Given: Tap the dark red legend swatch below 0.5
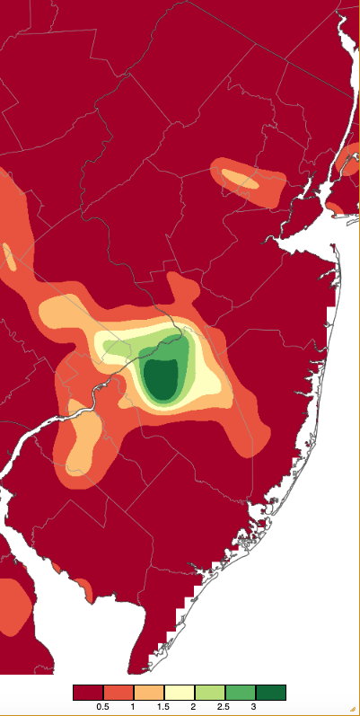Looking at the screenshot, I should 88,693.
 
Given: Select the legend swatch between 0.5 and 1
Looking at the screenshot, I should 119,693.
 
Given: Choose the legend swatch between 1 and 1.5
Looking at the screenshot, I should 149,693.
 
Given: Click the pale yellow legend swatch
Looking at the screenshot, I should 180,693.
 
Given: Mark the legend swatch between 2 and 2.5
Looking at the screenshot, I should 210,693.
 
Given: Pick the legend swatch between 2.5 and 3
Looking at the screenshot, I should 241,693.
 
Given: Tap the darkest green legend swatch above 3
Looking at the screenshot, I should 271,693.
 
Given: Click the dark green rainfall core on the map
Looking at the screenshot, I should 162,377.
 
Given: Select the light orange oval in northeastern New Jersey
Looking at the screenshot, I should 240,178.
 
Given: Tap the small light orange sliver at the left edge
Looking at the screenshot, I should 9,256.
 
